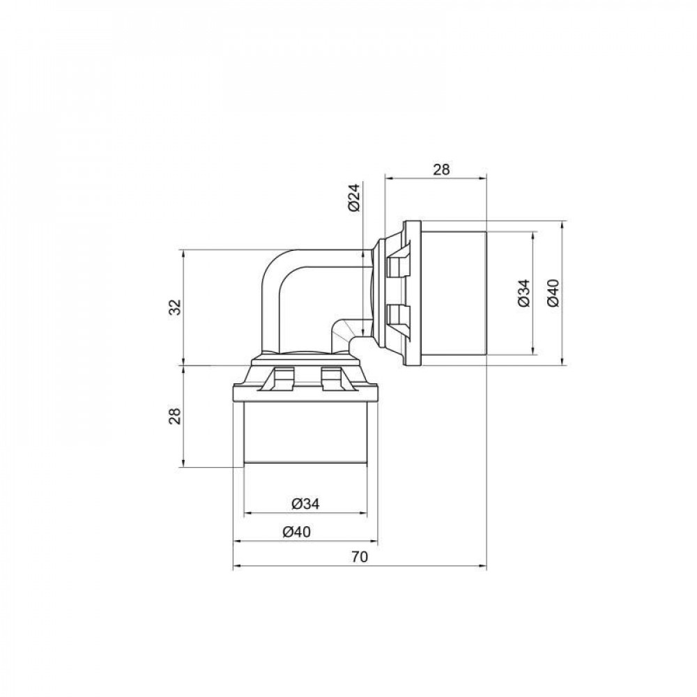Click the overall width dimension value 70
[x=359, y=557]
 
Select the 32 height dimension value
[x=175, y=307]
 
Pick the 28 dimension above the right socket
[x=442, y=169]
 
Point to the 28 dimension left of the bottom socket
[x=175, y=416]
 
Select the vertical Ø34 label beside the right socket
[x=523, y=293]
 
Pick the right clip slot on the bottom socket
[x=332, y=378]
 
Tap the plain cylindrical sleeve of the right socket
[x=453, y=293]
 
